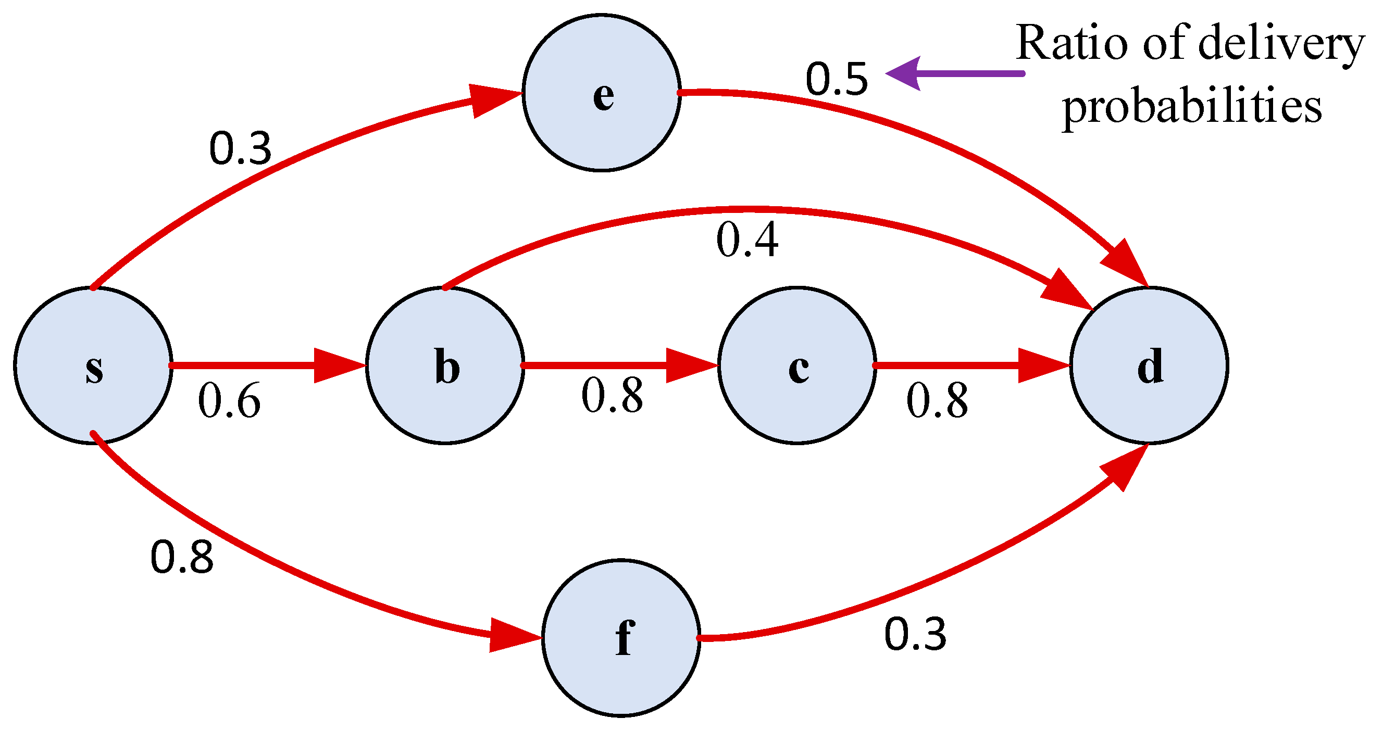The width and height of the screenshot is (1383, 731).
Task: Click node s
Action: coord(93,365)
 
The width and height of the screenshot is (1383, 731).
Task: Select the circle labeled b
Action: coord(445,365)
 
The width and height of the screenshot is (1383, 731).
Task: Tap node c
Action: coord(797,365)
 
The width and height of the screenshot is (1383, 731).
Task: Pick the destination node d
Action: coord(1149,365)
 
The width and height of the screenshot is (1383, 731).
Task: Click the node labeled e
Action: coord(601,93)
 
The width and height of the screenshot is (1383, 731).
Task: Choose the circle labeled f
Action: coord(621,638)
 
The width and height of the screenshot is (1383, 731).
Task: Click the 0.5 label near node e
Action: coord(837,80)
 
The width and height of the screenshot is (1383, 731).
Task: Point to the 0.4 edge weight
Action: coord(747,240)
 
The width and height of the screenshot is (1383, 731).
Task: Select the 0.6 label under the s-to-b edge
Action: coord(229,401)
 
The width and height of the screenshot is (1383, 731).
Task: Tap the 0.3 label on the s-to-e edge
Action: coord(240,149)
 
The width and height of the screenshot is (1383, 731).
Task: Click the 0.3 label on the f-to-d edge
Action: coord(915,634)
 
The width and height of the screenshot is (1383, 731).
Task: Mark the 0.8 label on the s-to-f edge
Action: coord(181,558)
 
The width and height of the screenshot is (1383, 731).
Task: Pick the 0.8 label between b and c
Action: coord(612,396)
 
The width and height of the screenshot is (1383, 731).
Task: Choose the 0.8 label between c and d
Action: coord(938,401)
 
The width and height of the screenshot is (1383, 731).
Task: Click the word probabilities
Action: coord(1192,106)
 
